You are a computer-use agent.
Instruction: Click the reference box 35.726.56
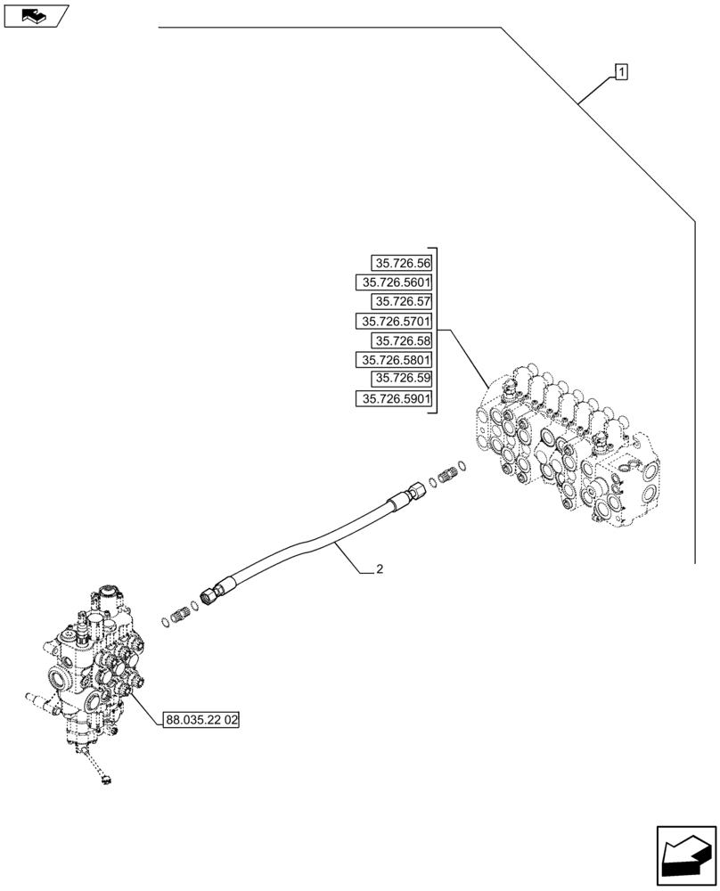pos(402,263)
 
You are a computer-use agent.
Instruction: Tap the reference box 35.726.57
pos(402,302)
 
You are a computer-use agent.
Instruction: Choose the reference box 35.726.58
pos(402,341)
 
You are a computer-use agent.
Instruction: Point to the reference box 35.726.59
pos(402,380)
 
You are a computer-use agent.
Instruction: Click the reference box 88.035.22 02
pos(202,719)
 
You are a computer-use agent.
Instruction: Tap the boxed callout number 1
pos(621,71)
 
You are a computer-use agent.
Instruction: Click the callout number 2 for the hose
pos(380,569)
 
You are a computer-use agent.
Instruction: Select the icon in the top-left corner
pos(36,15)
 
